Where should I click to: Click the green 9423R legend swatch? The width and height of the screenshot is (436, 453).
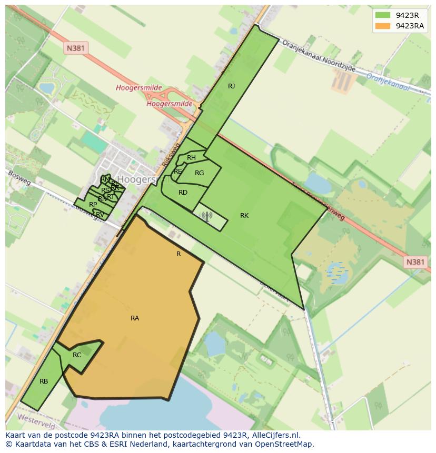382,15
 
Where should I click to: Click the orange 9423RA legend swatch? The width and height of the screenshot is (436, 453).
382,26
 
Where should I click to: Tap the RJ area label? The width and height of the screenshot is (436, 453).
231,86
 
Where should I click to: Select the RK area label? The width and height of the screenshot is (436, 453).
244,216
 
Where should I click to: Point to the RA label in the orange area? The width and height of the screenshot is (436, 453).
135,318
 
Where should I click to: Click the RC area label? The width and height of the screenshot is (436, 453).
77,355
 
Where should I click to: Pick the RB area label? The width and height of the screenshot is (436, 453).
44,381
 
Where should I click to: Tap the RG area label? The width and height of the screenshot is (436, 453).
199,173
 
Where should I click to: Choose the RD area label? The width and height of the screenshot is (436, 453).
183,193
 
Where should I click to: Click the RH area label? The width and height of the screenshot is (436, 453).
191,158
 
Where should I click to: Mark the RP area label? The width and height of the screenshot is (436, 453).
93,205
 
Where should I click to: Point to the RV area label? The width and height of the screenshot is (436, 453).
100,214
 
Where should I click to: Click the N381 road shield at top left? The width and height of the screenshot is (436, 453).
76,48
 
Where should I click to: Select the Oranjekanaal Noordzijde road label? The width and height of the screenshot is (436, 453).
319,56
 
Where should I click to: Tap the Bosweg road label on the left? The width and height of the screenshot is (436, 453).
19,177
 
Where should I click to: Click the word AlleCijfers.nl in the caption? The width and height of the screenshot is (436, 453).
274,435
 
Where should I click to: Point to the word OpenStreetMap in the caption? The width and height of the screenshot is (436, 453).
284,444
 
